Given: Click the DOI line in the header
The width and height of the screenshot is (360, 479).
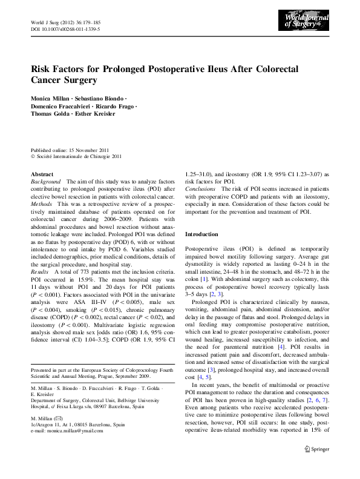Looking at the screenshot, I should point(65,28).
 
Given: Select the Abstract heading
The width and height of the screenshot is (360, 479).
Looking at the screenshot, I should point(42,173).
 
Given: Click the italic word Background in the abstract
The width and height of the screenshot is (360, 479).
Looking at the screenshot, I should point(45,182).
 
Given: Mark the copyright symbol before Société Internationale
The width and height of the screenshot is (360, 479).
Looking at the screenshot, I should point(33,157).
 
